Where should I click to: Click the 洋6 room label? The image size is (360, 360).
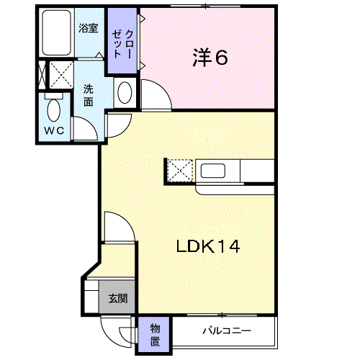click(x=210, y=58)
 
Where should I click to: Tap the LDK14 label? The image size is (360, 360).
click(x=208, y=246)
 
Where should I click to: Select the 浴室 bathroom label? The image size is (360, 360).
click(x=89, y=28)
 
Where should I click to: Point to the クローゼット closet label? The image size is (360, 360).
click(x=122, y=44)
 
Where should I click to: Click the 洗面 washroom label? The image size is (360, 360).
click(x=89, y=96)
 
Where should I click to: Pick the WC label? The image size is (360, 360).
click(x=54, y=131)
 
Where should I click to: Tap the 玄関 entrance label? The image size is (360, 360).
click(x=118, y=298)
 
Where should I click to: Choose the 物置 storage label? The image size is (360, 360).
click(x=155, y=335)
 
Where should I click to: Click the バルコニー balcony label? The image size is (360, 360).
click(x=227, y=331)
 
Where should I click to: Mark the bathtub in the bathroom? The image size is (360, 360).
click(x=57, y=32)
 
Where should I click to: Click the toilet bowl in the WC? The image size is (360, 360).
click(x=54, y=110)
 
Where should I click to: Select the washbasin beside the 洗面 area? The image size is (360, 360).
click(x=125, y=93)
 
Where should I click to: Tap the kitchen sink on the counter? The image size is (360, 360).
click(x=213, y=171)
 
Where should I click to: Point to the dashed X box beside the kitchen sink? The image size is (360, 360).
click(x=180, y=171)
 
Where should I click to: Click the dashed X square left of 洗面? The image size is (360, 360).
click(x=61, y=75)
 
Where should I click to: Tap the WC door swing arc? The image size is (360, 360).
click(x=91, y=123)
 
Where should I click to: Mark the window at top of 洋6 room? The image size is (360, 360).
click(x=206, y=6)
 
